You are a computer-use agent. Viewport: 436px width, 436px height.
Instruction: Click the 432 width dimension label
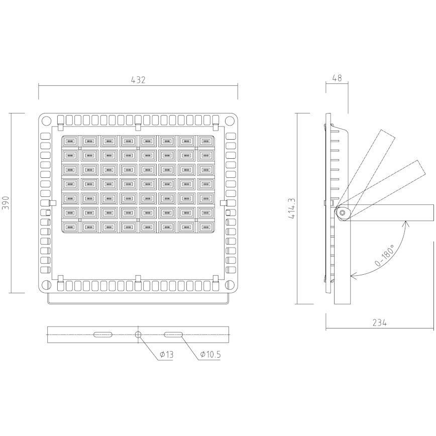138,80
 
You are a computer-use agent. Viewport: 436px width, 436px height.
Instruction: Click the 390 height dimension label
6,203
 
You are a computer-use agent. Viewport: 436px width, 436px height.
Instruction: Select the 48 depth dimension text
337,78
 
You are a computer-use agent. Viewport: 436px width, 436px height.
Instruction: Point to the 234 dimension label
379,323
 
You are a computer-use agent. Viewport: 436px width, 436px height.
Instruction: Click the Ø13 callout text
166,355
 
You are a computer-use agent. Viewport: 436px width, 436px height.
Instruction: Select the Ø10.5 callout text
210,355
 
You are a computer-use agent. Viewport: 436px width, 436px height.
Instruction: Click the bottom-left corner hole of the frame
46,285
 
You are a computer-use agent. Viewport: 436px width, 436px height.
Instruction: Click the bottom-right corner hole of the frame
230,285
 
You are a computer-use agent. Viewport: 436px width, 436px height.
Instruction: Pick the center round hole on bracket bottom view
138,334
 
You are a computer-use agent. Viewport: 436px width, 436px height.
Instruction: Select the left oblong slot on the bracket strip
102,334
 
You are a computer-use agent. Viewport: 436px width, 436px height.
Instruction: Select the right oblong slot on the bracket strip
174,334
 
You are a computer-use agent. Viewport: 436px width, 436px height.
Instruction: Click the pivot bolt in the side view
342,212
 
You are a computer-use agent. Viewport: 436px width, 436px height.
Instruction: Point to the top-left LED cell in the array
70,142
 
